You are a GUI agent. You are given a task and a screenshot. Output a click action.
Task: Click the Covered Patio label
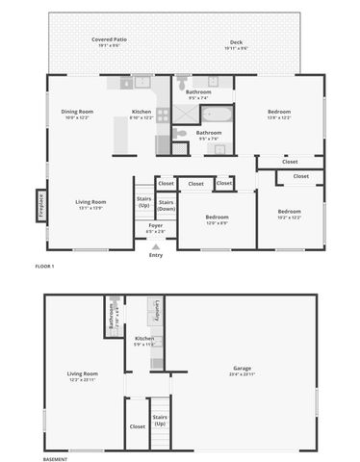[x=109, y=42]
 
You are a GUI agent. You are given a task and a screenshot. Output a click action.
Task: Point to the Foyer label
[x=155, y=227]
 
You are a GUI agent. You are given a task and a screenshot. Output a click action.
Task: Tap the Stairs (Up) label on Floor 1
[x=143, y=203]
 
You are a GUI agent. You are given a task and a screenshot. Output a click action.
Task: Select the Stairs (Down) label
[x=166, y=205]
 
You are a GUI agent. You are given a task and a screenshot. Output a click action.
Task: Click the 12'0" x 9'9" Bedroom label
[x=217, y=219]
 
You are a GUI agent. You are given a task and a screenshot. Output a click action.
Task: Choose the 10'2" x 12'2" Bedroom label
[x=289, y=214]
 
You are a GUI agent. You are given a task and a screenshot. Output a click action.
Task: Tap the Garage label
[x=241, y=371]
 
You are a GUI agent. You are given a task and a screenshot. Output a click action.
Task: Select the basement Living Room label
[x=82, y=375]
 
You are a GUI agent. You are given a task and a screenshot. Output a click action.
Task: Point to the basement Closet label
[x=138, y=425]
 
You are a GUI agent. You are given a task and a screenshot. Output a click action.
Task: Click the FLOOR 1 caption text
[x=44, y=265]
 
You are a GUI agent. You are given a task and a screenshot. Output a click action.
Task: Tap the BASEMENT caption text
[x=55, y=459]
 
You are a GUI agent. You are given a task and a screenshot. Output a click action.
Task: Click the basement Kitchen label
[x=144, y=341]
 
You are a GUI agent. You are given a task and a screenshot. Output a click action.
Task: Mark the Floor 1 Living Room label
[x=90, y=204]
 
